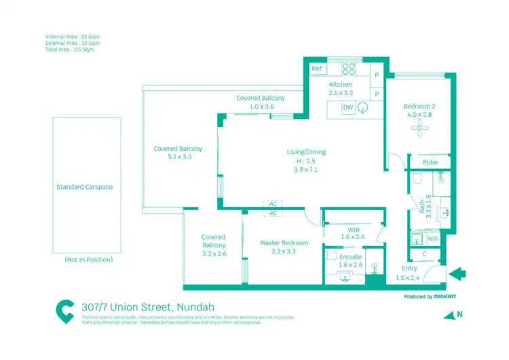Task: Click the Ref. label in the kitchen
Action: [317, 69]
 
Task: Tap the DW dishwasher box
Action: [347, 107]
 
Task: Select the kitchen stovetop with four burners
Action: [349, 69]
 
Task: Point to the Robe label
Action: [430, 162]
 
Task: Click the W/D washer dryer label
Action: [433, 238]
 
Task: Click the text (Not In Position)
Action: [88, 259]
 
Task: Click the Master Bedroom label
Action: [284, 242]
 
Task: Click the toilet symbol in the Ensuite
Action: [332, 258]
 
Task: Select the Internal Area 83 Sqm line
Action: [73, 36]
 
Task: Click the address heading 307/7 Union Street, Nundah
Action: [146, 307]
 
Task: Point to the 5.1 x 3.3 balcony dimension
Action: [178, 157]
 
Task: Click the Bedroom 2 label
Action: [419, 106]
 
